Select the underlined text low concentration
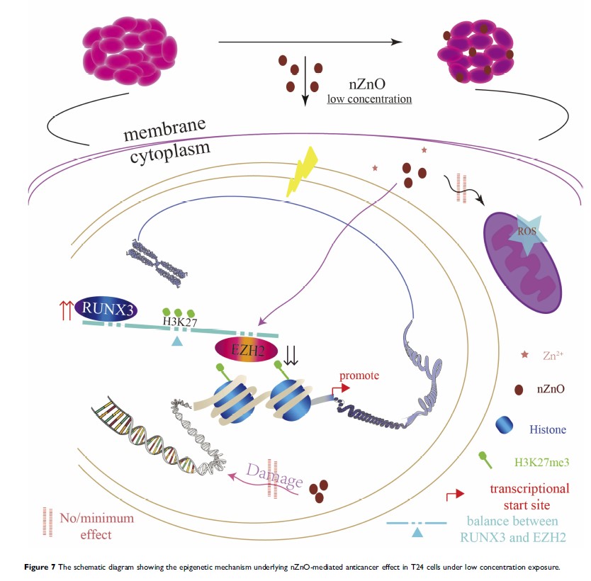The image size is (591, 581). click(368, 98)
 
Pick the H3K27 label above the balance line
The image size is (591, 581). click(181, 321)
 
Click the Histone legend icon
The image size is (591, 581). click(505, 424)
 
